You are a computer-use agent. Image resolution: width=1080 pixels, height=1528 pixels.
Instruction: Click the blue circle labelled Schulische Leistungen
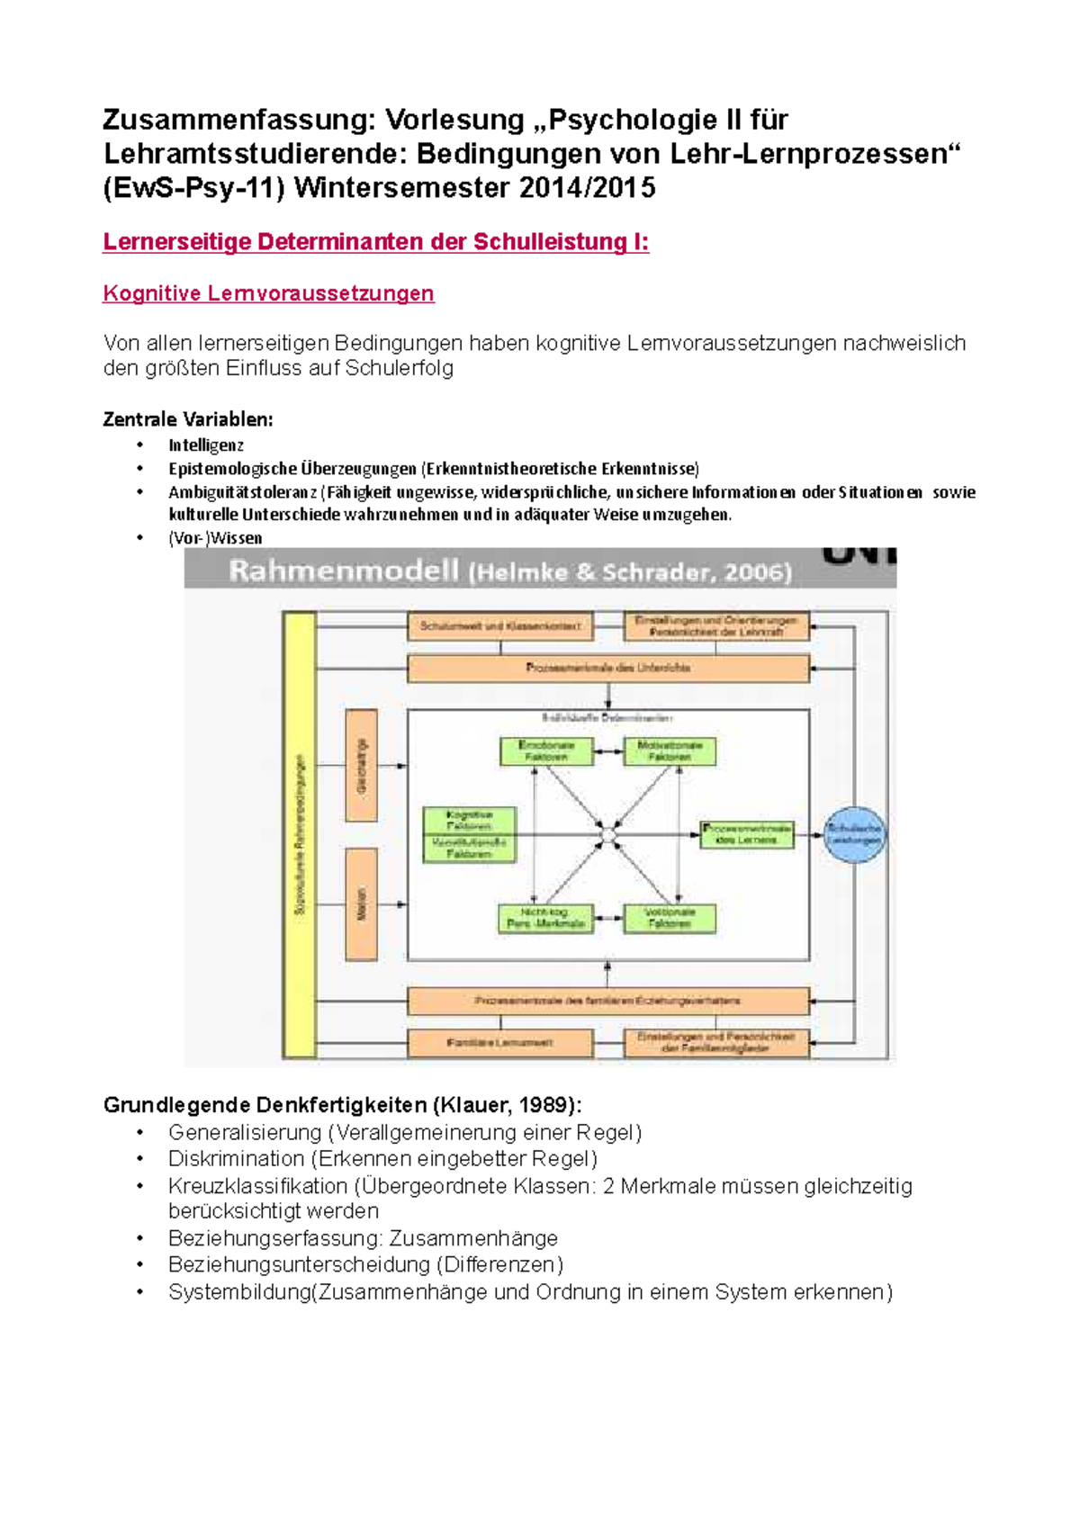coord(854,834)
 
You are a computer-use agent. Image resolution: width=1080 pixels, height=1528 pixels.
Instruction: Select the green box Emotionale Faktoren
coord(546,751)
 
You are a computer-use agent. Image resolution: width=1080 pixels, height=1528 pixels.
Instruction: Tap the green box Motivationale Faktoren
coord(669,751)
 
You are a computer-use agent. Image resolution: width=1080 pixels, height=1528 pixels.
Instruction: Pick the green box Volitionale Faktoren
coord(669,918)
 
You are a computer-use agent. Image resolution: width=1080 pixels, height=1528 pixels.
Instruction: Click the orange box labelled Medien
coord(361,904)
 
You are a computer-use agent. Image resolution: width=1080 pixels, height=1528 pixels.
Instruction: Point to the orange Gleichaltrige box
coord(361,766)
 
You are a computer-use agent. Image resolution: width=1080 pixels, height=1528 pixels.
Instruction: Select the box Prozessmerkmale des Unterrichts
coord(607,668)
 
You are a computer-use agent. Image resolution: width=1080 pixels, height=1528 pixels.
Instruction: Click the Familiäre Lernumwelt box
coord(500,1043)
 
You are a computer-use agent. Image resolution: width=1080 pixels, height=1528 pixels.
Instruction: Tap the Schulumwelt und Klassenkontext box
coord(500,625)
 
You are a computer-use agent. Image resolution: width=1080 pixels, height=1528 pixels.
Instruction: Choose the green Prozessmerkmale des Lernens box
coord(747,834)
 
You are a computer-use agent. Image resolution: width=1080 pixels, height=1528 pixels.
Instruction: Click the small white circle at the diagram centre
coord(607,836)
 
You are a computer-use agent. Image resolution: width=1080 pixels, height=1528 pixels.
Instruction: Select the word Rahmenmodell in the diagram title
coord(343,571)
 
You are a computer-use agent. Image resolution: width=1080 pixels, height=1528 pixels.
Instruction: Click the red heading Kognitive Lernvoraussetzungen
coord(268,293)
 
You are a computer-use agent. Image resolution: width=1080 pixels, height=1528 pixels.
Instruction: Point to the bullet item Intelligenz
coord(206,445)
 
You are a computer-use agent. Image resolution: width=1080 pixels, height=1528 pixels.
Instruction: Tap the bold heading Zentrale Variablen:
coord(187,419)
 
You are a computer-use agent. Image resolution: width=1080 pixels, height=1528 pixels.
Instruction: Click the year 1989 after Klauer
coord(547,1105)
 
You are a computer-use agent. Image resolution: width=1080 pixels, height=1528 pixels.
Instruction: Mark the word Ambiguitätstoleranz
coord(242,492)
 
